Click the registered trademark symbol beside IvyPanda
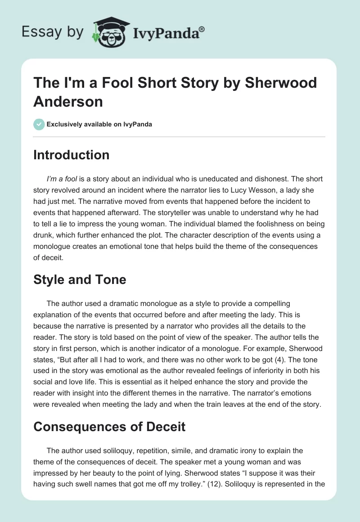[x=202, y=30]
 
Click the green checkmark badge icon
[x=39, y=124]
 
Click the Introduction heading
[x=72, y=155]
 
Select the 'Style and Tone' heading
[x=80, y=279]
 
